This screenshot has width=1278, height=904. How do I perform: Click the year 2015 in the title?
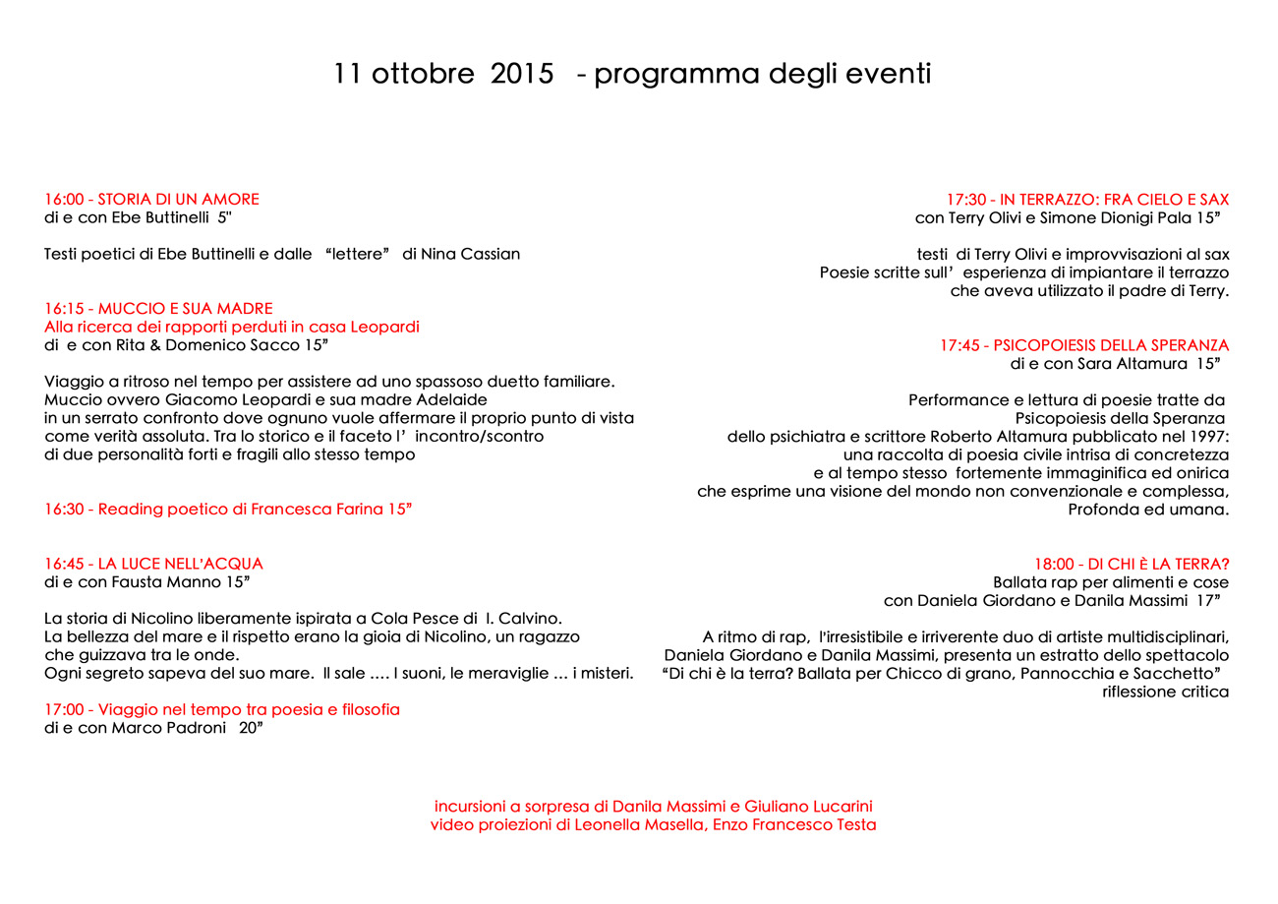(x=521, y=75)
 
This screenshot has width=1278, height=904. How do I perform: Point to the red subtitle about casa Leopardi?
(x=232, y=327)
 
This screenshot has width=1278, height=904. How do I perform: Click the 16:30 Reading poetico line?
(x=228, y=510)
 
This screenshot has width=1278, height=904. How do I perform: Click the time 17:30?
(x=966, y=200)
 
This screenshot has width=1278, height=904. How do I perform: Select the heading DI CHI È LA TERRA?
(x=1157, y=564)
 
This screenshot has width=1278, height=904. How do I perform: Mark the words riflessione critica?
(x=1166, y=692)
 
